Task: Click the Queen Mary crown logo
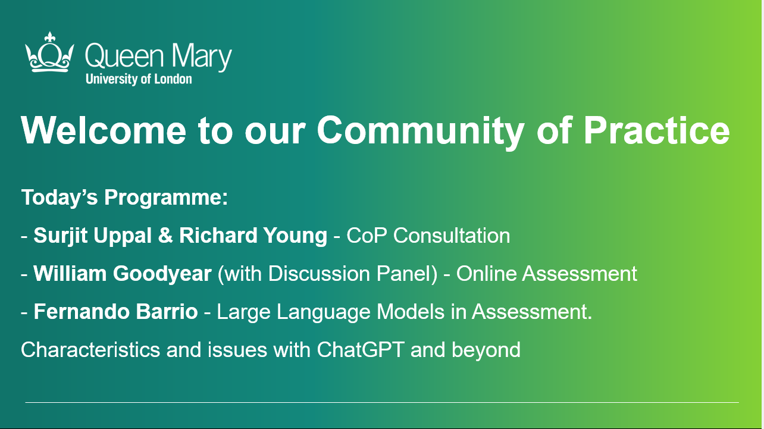[x=50, y=53]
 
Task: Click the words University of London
[x=139, y=79]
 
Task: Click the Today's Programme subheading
[x=125, y=198]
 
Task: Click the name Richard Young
[x=253, y=236]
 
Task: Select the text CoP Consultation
[x=428, y=236]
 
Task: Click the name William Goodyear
[x=123, y=274]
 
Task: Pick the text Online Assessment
[x=546, y=274]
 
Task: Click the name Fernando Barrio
[x=115, y=311]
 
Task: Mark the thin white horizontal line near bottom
[x=381, y=403]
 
